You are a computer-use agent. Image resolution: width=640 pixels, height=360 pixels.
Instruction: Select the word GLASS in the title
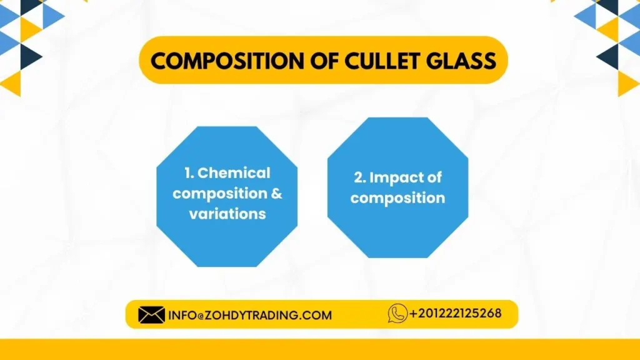pos(461,61)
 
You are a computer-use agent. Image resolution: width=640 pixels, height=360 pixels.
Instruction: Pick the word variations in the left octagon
pos(227,214)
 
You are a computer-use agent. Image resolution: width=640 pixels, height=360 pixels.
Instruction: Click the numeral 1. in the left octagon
pos(189,173)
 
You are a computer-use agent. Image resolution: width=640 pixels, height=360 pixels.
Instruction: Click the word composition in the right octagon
pos(397,198)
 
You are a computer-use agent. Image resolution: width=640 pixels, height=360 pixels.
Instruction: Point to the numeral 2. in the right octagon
pos(359,177)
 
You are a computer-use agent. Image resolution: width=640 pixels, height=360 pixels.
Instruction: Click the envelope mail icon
pos(151,314)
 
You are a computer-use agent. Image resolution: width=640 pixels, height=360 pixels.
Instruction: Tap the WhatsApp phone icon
pos(397,312)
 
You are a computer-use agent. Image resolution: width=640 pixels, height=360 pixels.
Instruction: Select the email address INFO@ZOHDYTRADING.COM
pos(250,315)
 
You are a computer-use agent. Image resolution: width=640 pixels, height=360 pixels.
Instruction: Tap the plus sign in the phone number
pos(413,313)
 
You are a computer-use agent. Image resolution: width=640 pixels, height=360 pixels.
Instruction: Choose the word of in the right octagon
pos(432,177)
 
